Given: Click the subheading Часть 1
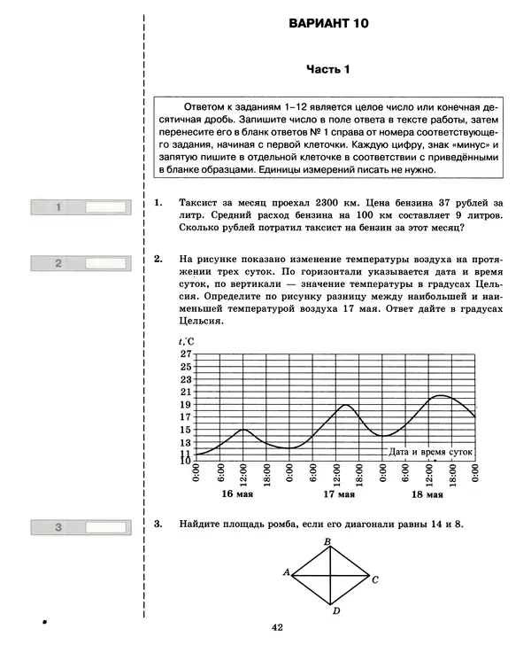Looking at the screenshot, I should tap(328, 69).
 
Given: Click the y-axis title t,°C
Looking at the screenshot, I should tap(186, 341).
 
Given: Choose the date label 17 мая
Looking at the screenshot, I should tap(337, 494).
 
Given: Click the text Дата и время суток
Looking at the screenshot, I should tap(431, 451).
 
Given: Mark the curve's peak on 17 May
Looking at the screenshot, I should tap(346, 405).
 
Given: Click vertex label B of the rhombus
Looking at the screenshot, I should tap(327, 542).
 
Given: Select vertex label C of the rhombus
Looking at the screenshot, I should tap(375, 580).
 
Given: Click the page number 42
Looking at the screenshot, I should tap(277, 627).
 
